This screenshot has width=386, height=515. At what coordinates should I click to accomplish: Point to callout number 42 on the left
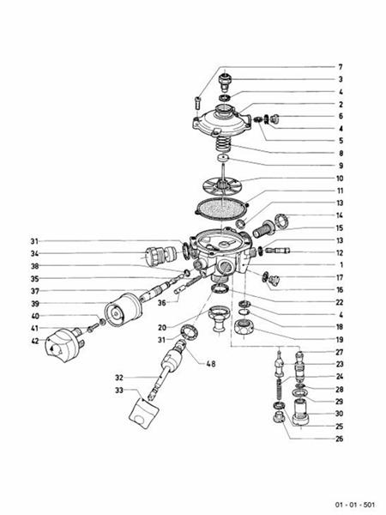click(x=35, y=341)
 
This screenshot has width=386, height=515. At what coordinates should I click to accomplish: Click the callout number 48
click(x=210, y=364)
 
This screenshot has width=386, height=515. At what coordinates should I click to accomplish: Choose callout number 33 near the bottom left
click(x=120, y=389)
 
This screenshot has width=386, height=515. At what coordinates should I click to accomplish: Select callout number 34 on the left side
click(x=35, y=253)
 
